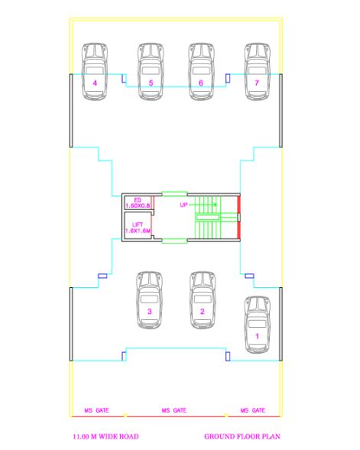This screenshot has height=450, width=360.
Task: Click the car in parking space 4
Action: tap(96, 70)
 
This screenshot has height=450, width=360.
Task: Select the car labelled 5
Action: tap(151, 70)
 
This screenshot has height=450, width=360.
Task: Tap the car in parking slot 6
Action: tap(200, 70)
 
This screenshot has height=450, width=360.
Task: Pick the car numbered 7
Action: tap(257, 70)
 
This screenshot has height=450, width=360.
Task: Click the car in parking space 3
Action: tap(150, 299)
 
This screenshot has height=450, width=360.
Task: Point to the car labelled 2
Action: tap(203, 299)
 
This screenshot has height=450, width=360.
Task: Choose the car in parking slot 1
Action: tap(258, 324)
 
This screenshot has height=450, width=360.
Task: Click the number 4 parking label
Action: tap(95, 82)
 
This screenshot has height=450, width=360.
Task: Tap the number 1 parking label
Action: tap(258, 335)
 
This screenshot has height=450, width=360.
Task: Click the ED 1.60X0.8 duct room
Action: tap(138, 202)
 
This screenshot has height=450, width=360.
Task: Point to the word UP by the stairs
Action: tap(183, 206)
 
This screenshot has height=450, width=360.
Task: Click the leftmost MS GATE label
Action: tap(96, 410)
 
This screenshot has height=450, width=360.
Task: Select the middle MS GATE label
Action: tap(174, 410)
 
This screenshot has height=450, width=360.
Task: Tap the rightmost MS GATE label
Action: tap(252, 410)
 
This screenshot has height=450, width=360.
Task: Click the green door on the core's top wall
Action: tap(174, 193)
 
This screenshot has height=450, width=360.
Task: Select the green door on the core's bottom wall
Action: tap(174, 241)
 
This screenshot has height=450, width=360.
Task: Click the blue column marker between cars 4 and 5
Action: tap(125, 77)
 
